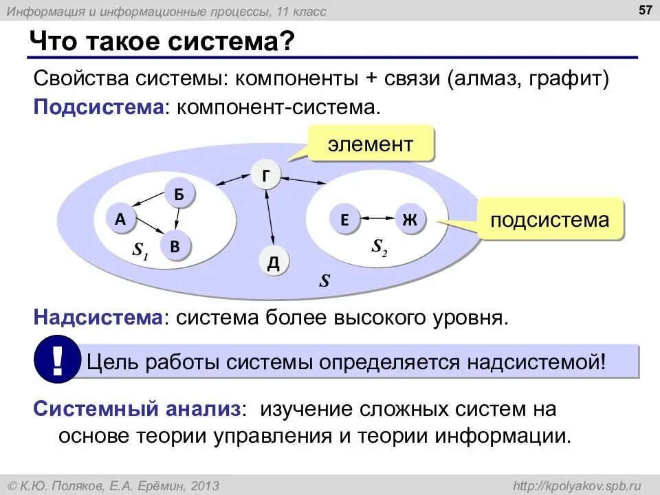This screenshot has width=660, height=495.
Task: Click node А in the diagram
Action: point(120,219)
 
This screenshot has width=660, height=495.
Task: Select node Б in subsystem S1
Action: point(179,195)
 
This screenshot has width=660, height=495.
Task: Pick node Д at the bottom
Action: point(273,263)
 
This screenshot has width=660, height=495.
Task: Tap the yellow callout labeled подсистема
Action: point(549,220)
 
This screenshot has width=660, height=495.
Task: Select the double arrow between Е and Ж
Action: point(377,219)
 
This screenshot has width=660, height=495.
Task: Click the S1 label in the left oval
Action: point(141,250)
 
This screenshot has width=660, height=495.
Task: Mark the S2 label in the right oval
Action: point(379,247)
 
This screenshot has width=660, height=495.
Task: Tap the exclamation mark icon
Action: point(57,359)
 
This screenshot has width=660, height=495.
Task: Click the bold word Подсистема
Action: point(98,107)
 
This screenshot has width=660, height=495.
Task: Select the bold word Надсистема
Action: point(98,318)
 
